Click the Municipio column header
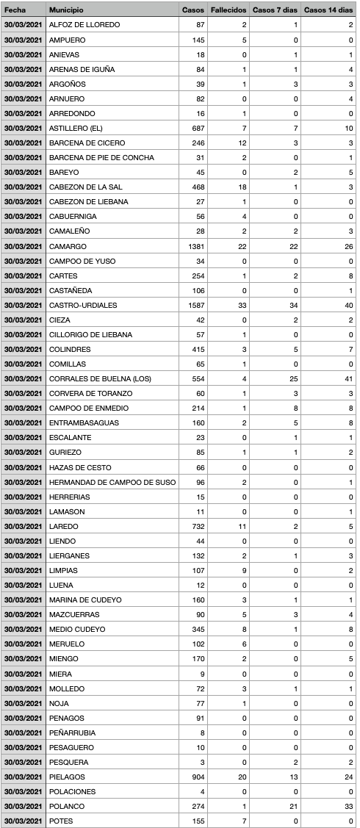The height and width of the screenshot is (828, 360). (66, 10)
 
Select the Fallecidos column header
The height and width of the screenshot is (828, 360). (228, 10)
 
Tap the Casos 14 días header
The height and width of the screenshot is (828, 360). (328, 10)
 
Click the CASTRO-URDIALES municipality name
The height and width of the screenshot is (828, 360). (83, 305)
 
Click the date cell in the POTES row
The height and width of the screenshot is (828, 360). (23, 821)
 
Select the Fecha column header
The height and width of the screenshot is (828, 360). (15, 10)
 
